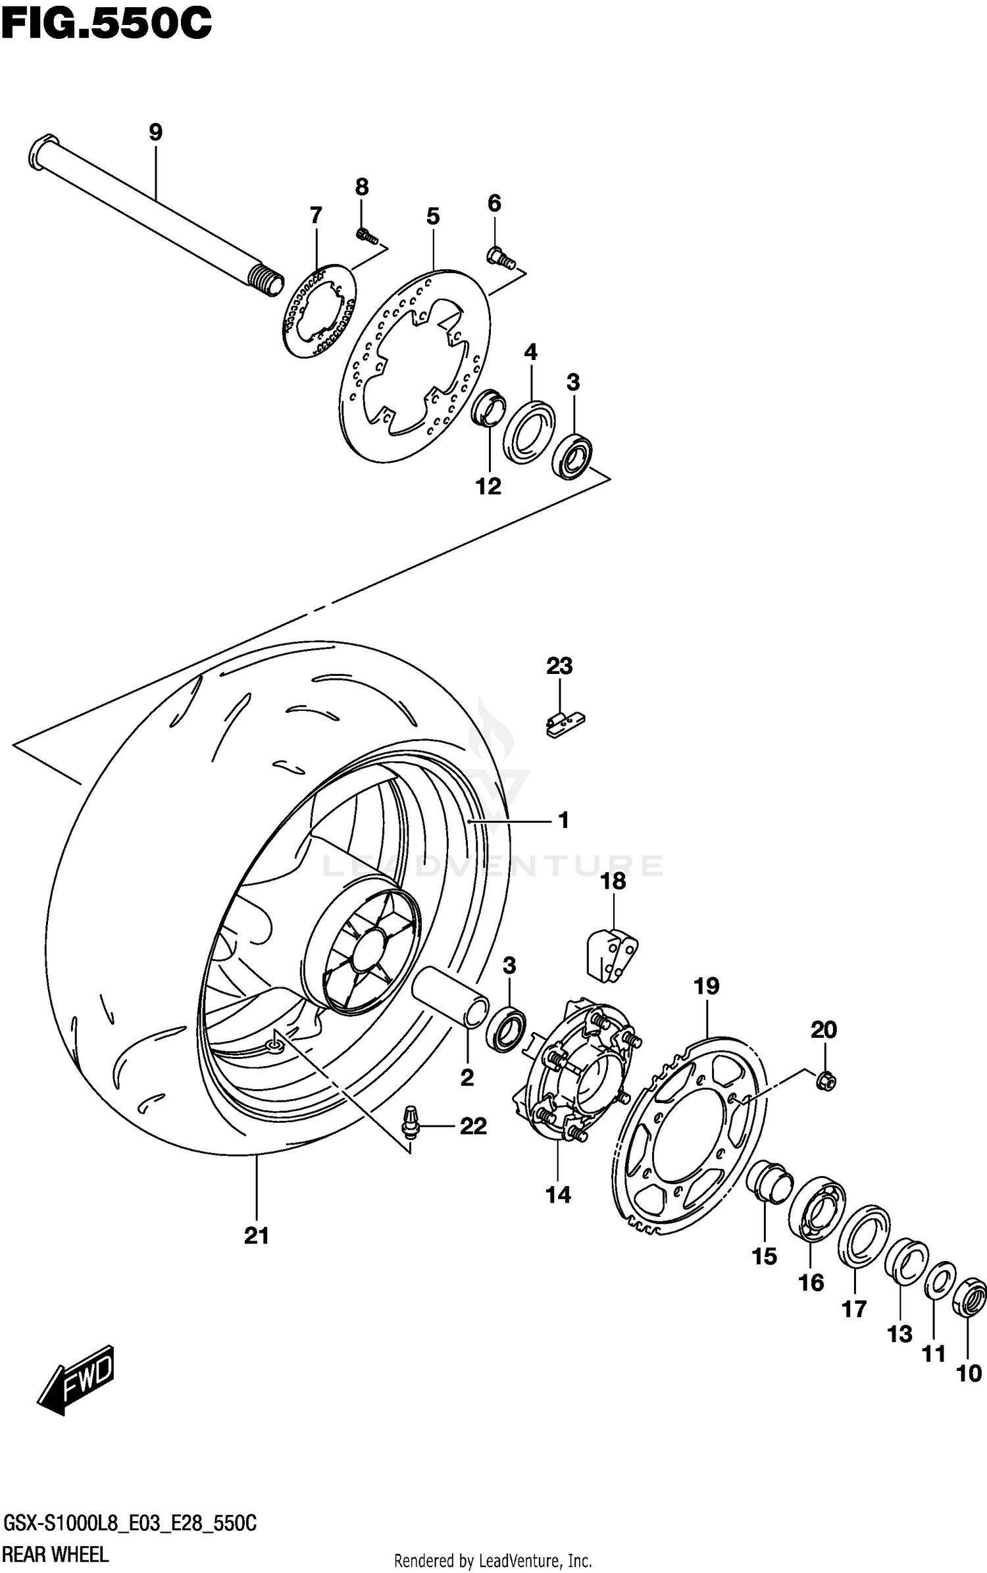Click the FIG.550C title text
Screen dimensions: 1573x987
[105, 25]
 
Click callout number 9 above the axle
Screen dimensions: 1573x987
[155, 132]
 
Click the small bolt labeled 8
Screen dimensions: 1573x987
[365, 234]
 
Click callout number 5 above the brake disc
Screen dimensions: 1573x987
[432, 216]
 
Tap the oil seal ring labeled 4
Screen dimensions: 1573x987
[529, 431]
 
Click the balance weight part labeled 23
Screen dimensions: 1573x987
[565, 724]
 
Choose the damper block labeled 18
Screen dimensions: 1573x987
[612, 956]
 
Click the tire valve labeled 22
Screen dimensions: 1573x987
[411, 1123]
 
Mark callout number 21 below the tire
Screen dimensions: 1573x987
[257, 1236]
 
